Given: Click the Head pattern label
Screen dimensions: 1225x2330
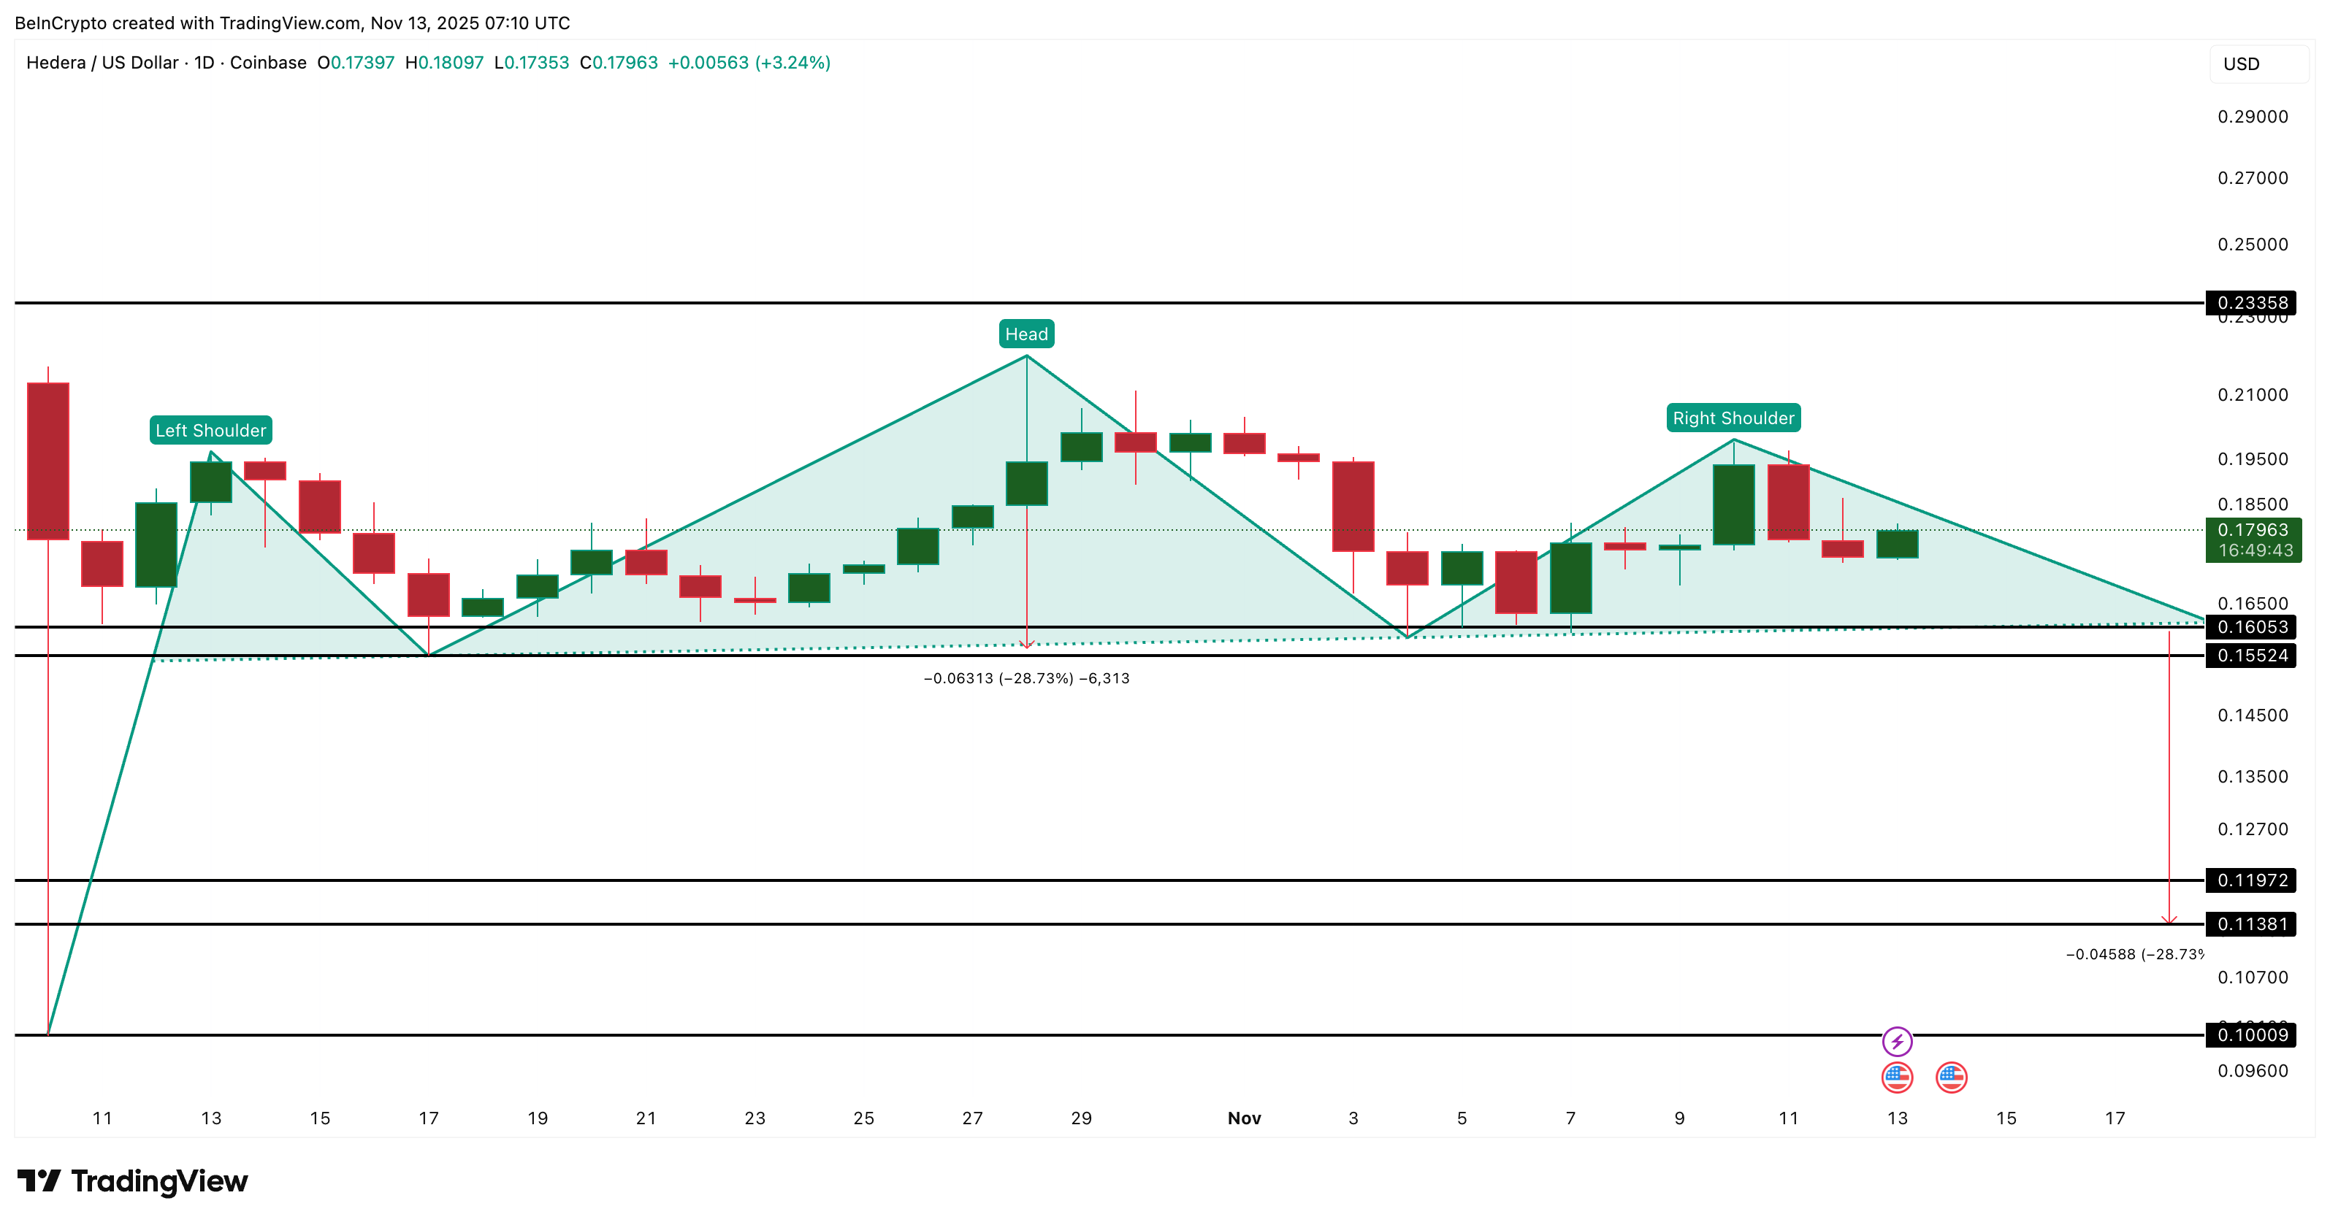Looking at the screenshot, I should (1025, 334).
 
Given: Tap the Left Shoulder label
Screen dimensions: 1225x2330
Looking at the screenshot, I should (211, 430).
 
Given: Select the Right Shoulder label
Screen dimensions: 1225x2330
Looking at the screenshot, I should (1732, 418).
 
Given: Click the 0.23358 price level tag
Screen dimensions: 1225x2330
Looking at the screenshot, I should (2251, 303).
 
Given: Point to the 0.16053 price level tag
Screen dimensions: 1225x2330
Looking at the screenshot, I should (2251, 626).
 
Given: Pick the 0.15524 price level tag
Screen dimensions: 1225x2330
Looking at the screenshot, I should (2251, 656).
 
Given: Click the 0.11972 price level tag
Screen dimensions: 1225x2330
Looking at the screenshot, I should (2251, 880).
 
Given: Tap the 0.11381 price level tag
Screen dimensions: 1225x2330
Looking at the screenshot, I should (2251, 924).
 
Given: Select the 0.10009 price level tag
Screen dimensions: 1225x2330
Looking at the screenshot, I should (2251, 1035).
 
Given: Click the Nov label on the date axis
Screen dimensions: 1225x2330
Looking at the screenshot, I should (1244, 1118).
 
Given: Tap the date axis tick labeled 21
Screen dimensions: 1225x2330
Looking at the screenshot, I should (646, 1118).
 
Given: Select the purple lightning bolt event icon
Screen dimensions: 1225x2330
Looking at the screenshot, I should (1897, 1042).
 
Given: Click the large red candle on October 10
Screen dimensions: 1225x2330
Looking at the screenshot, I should (48, 461).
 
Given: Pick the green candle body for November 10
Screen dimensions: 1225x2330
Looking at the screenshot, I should (1733, 504).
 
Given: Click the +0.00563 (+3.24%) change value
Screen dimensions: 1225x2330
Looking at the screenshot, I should (748, 62).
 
